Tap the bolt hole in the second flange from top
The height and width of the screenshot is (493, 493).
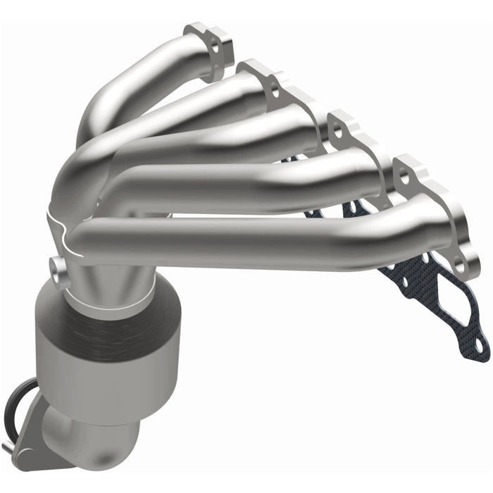click(x=273, y=89)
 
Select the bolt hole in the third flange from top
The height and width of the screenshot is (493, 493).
click(x=337, y=132)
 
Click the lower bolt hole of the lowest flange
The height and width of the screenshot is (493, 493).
click(x=458, y=267)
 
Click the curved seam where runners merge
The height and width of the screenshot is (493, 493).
click(x=63, y=218)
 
